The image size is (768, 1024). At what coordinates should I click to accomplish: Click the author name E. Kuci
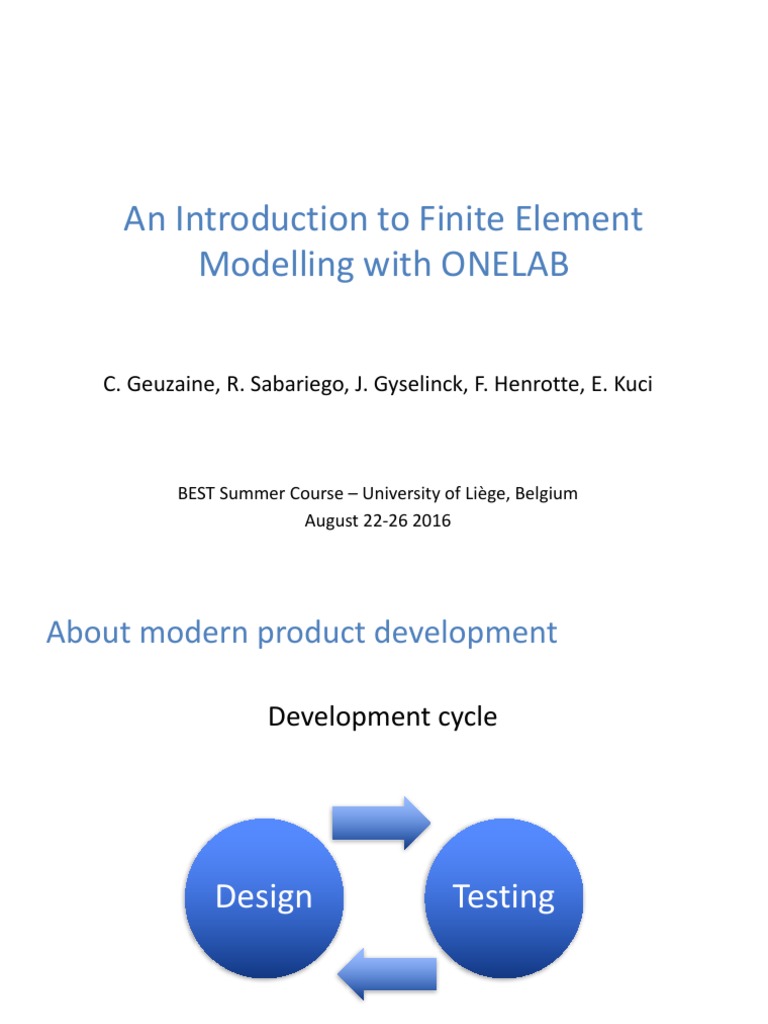(x=617, y=384)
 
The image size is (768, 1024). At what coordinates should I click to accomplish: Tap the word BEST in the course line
(x=198, y=494)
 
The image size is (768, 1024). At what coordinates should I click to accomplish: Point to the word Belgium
(x=548, y=494)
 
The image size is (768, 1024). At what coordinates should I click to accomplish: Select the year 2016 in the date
(x=432, y=521)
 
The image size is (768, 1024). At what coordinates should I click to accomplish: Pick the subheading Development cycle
(x=382, y=717)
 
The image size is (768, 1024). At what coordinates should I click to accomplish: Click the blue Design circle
(x=264, y=897)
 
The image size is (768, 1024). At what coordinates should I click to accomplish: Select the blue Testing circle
(x=504, y=897)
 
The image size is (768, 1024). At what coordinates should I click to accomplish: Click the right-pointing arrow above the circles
(x=381, y=823)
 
